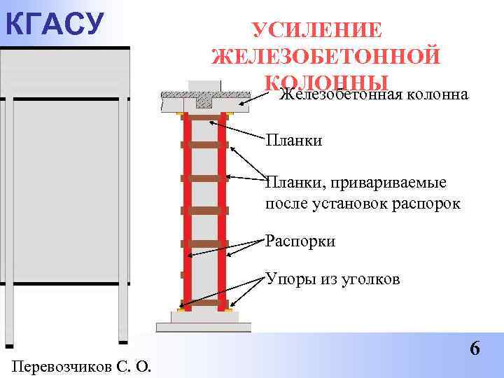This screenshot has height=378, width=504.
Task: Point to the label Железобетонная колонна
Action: (x=374, y=94)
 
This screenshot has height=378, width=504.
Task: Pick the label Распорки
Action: (x=300, y=241)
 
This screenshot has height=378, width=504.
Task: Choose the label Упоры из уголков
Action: (x=332, y=279)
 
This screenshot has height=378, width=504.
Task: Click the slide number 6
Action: (x=474, y=348)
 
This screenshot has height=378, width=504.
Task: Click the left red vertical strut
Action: (x=188, y=210)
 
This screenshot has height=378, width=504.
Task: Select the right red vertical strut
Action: (x=222, y=210)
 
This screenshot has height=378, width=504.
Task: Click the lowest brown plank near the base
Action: (x=204, y=304)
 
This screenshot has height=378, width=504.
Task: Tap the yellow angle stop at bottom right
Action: (x=231, y=311)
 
